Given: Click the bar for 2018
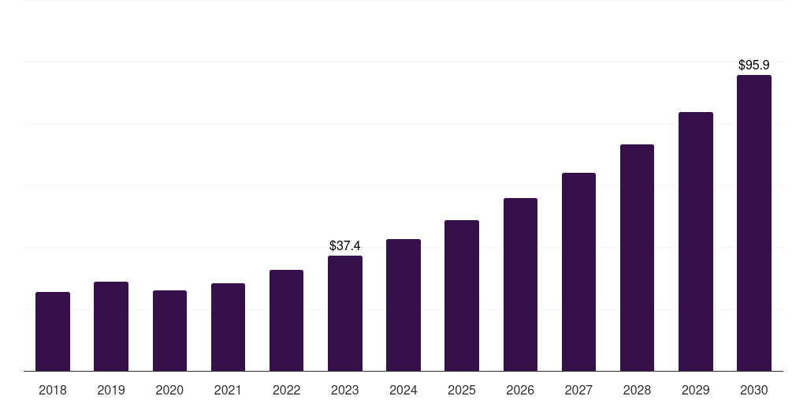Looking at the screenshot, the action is point(53,331).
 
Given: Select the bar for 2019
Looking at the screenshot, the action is point(111,326).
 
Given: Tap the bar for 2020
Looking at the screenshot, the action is point(170,331).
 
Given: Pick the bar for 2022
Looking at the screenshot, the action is point(286,320).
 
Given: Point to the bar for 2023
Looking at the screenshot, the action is point(345,313).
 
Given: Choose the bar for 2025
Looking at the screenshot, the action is point(462,296).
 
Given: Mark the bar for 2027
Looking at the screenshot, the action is point(578,272).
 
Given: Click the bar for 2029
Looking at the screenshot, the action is point(696,241).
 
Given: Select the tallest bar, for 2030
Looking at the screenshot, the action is point(754,223).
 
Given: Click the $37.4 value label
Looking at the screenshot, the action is point(345,246).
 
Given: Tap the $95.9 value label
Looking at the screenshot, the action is point(754,65).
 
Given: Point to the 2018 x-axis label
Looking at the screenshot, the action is point(53,390).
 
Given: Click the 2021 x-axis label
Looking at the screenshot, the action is point(228,390).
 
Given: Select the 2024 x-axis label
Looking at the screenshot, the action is point(403,390).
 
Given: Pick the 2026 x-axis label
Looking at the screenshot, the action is point(520,390).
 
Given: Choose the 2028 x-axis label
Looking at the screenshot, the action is point(637,390).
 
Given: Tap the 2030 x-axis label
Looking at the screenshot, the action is point(754,390).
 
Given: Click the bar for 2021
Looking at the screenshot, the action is point(228,327).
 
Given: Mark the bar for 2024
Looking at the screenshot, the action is point(403,305).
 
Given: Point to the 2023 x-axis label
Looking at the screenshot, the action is point(345,390).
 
